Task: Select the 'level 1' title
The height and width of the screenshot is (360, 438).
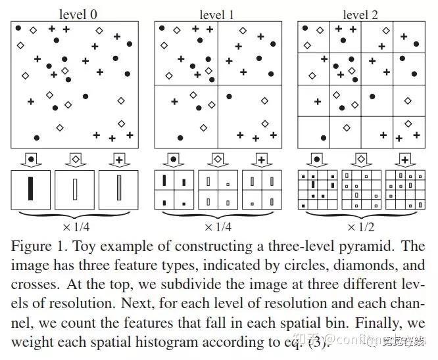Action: (218, 14)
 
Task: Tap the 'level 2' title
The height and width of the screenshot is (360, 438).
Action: (361, 14)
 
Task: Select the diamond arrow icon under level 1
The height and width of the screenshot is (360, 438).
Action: (218, 159)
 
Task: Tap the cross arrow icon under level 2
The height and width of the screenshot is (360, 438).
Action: (404, 159)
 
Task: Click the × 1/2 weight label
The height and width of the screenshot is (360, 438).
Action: (361, 227)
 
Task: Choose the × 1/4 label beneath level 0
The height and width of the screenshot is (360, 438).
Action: (74, 227)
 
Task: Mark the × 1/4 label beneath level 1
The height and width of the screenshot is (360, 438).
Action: (218, 227)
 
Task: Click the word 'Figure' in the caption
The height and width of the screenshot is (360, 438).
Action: (30, 247)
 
